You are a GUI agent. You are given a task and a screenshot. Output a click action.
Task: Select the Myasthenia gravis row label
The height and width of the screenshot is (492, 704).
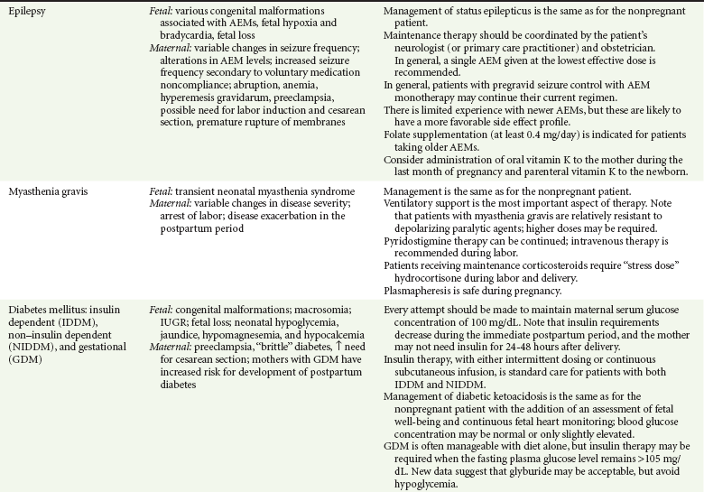[x=47, y=192]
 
